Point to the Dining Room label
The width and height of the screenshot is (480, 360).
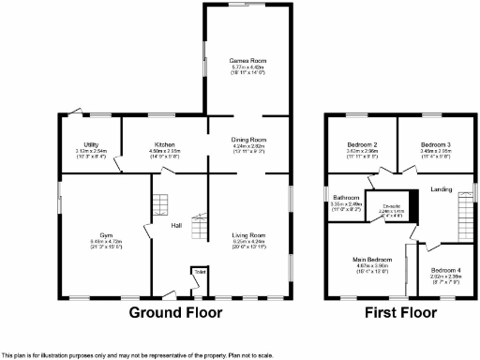[249, 140]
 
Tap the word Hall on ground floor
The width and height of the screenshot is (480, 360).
[175, 226]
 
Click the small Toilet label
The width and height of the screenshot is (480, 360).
[199, 272]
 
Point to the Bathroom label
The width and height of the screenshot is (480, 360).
[347, 198]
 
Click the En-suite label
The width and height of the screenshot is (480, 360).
[379, 206]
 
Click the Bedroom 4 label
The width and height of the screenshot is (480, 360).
[446, 270]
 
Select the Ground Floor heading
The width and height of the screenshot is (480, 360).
[174, 312]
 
